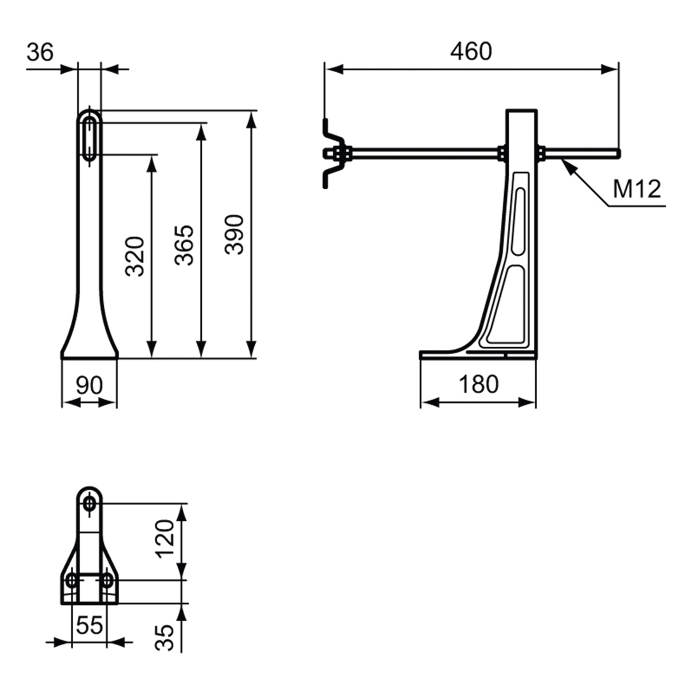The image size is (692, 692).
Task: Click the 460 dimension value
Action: point(471,52)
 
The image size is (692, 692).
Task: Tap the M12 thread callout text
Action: point(637,189)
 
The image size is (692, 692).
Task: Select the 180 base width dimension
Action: point(479,384)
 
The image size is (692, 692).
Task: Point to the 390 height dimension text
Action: point(235,235)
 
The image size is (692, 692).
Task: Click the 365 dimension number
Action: point(184,245)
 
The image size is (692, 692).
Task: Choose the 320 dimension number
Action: point(135,256)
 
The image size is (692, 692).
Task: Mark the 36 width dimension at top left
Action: point(40,52)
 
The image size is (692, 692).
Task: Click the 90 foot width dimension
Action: point(89,385)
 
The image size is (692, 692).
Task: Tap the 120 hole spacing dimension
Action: point(165,539)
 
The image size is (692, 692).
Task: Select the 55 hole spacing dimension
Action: point(89,625)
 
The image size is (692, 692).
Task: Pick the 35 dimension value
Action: point(165,638)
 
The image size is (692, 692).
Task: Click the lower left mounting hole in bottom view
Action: point(72,581)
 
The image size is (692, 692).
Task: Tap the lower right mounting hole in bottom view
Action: point(106,581)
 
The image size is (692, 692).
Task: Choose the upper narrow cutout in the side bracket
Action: point(519,222)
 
